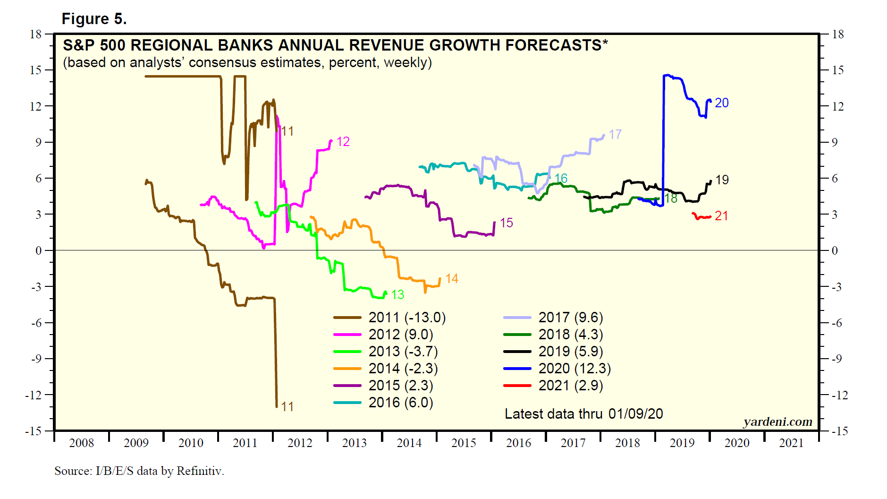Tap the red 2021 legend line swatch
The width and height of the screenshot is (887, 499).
[x=517, y=386]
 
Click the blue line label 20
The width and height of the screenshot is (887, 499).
[x=721, y=103]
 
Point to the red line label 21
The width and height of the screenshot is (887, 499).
[x=721, y=216]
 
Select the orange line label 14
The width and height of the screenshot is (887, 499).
[x=452, y=279]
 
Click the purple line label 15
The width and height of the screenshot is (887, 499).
[x=506, y=223]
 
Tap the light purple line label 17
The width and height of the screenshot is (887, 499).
[x=615, y=135]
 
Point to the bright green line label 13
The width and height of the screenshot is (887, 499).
[x=397, y=295]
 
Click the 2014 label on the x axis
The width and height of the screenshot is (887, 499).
[x=409, y=443]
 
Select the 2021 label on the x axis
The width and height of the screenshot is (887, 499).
[x=791, y=443]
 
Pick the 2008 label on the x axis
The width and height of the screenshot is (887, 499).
[x=82, y=443]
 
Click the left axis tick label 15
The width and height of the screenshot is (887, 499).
[x=35, y=70]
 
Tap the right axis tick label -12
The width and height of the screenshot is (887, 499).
[x=839, y=396]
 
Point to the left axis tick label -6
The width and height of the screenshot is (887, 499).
[x=37, y=323]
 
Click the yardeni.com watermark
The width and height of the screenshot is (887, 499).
[x=777, y=422]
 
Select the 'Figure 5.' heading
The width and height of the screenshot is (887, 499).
[x=94, y=19]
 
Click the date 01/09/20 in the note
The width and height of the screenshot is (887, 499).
[x=635, y=414]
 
